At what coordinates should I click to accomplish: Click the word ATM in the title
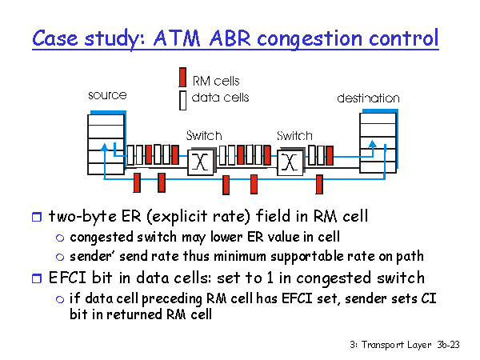pyautogui.click(x=177, y=38)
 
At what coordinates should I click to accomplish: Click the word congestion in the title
pyautogui.click(x=310, y=40)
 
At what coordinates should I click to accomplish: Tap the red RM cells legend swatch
pyautogui.click(x=182, y=77)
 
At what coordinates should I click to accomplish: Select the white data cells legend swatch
pyautogui.click(x=182, y=101)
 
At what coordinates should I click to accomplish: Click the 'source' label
pyautogui.click(x=107, y=95)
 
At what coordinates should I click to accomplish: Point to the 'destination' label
pyautogui.click(x=368, y=98)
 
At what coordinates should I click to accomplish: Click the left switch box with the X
pyautogui.click(x=201, y=162)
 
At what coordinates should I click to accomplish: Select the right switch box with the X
pyautogui.click(x=290, y=162)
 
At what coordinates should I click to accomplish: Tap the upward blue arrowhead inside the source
pyautogui.click(x=104, y=147)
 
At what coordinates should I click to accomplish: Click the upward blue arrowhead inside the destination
pyautogui.click(x=372, y=144)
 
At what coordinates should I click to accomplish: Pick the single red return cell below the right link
pyautogui.click(x=319, y=184)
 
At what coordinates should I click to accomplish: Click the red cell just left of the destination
pyautogui.click(x=330, y=156)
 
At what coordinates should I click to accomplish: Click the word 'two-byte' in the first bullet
pyautogui.click(x=82, y=217)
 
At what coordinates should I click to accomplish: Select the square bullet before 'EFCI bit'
pyautogui.click(x=37, y=278)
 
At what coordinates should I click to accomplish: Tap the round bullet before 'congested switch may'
pyautogui.click(x=60, y=238)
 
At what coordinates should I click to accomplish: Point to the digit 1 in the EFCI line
pyautogui.click(x=270, y=278)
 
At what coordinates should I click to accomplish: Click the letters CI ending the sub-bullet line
pyautogui.click(x=429, y=298)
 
